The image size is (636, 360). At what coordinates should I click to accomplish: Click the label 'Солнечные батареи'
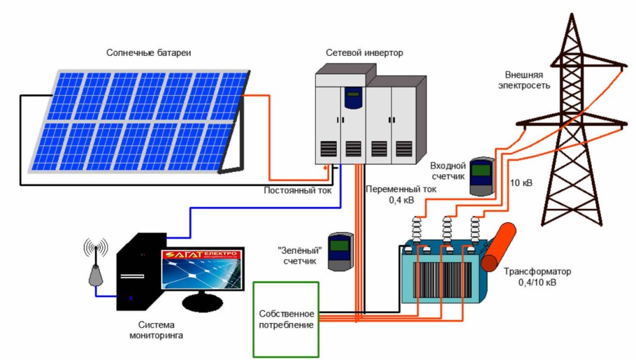tap(148, 53)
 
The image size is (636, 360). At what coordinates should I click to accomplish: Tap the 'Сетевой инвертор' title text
tap(364, 53)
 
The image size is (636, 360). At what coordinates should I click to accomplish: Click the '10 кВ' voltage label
tap(521, 184)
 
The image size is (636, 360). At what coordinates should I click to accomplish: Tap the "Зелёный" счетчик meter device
tap(342, 250)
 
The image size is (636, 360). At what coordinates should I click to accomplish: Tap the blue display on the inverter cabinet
tap(352, 99)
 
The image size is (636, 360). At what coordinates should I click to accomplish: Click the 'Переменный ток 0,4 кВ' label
tap(401, 194)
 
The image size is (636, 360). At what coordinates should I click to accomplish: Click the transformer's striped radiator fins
tap(440, 280)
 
